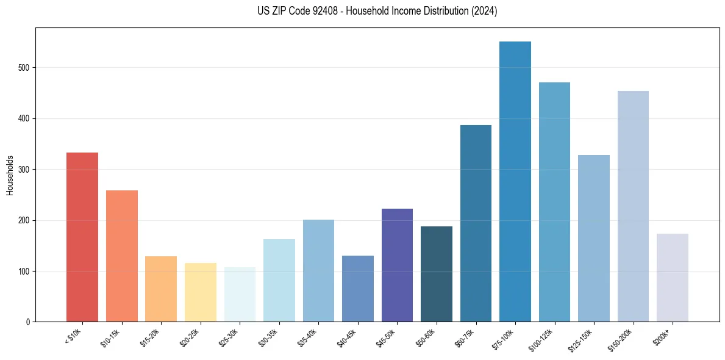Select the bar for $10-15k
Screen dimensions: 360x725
click(121, 256)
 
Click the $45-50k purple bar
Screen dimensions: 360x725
click(397, 265)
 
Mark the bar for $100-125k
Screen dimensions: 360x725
click(554, 202)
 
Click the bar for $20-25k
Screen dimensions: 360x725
click(201, 292)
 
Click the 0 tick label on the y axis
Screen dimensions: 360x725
click(28, 322)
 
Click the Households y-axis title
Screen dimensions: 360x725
click(10, 175)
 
